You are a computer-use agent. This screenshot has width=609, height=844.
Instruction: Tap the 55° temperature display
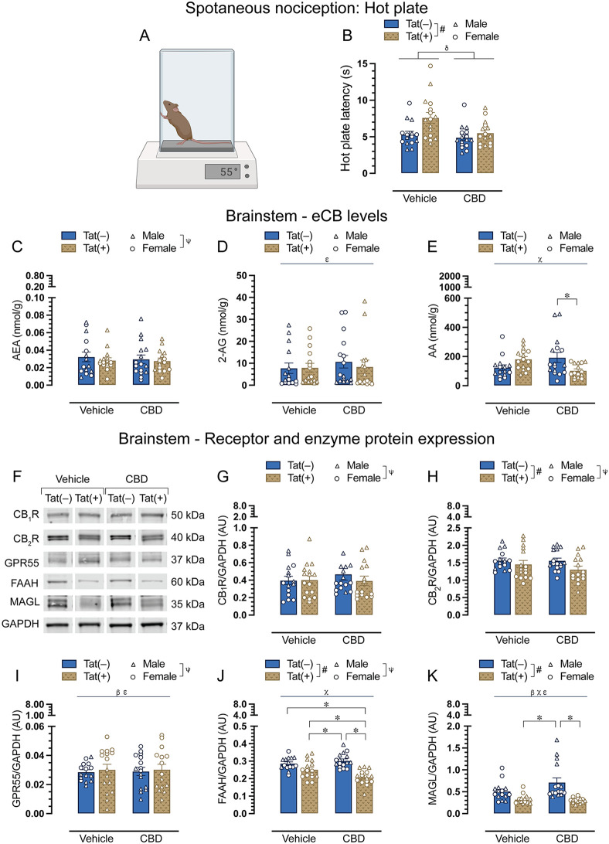tap(223, 172)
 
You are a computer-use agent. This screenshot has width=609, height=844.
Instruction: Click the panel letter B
tap(347, 36)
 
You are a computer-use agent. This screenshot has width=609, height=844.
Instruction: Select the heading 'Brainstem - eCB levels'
tap(306, 216)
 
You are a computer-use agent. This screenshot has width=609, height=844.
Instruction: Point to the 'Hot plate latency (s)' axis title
tap(345, 118)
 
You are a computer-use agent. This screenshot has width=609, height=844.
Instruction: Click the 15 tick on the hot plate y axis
tap(362, 64)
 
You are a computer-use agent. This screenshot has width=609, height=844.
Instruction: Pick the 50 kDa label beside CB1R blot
tap(188, 515)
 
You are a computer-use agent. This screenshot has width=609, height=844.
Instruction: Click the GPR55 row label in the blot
tap(22, 563)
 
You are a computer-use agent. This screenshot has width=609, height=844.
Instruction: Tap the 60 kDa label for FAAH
tap(188, 582)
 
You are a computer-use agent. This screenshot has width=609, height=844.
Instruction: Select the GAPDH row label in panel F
tap(20, 624)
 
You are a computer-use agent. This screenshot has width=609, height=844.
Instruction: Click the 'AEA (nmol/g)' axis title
tap(17, 331)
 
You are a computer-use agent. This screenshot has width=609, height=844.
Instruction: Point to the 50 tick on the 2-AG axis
tap(241, 276)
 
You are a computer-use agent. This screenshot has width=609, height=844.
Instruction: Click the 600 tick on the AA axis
tap(451, 298)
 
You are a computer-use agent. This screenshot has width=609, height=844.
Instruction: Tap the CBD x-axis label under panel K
tap(567, 838)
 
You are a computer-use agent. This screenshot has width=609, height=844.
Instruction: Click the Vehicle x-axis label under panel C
tap(97, 410)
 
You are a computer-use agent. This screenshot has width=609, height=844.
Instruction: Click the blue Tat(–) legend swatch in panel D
tap(272, 236)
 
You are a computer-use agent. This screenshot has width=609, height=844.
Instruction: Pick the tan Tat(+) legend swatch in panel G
tap(273, 478)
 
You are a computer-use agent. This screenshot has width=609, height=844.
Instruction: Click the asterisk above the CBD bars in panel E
tap(567, 296)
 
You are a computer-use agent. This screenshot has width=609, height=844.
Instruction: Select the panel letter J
tap(221, 675)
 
